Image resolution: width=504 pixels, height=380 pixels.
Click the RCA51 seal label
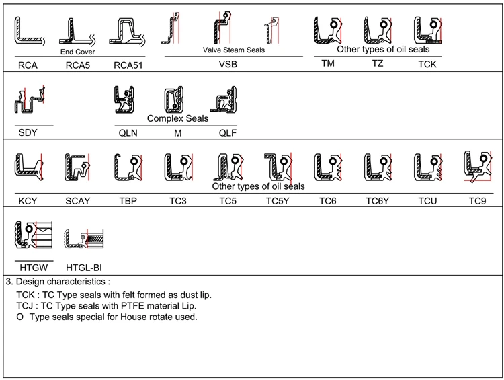(128, 65)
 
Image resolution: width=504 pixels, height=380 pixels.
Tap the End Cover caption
(78, 52)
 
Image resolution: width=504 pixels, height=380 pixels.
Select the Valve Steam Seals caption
(234, 50)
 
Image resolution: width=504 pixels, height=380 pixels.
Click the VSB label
(228, 64)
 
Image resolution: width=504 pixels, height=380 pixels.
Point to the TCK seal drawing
(427, 30)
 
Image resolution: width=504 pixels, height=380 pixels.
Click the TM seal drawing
(327, 30)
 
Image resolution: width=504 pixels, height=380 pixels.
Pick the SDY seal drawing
(30, 100)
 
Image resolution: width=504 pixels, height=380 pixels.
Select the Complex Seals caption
(178, 118)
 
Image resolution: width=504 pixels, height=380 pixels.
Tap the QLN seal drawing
(124, 100)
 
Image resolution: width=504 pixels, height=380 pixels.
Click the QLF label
(228, 133)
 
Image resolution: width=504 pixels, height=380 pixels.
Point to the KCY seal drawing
(29, 167)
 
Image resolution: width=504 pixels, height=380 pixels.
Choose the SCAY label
(78, 201)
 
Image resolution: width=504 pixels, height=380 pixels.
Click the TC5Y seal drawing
(278, 167)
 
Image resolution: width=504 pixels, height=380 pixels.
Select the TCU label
(427, 201)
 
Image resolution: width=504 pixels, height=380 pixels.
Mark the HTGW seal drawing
(34, 235)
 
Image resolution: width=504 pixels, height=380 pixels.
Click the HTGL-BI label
(84, 268)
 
